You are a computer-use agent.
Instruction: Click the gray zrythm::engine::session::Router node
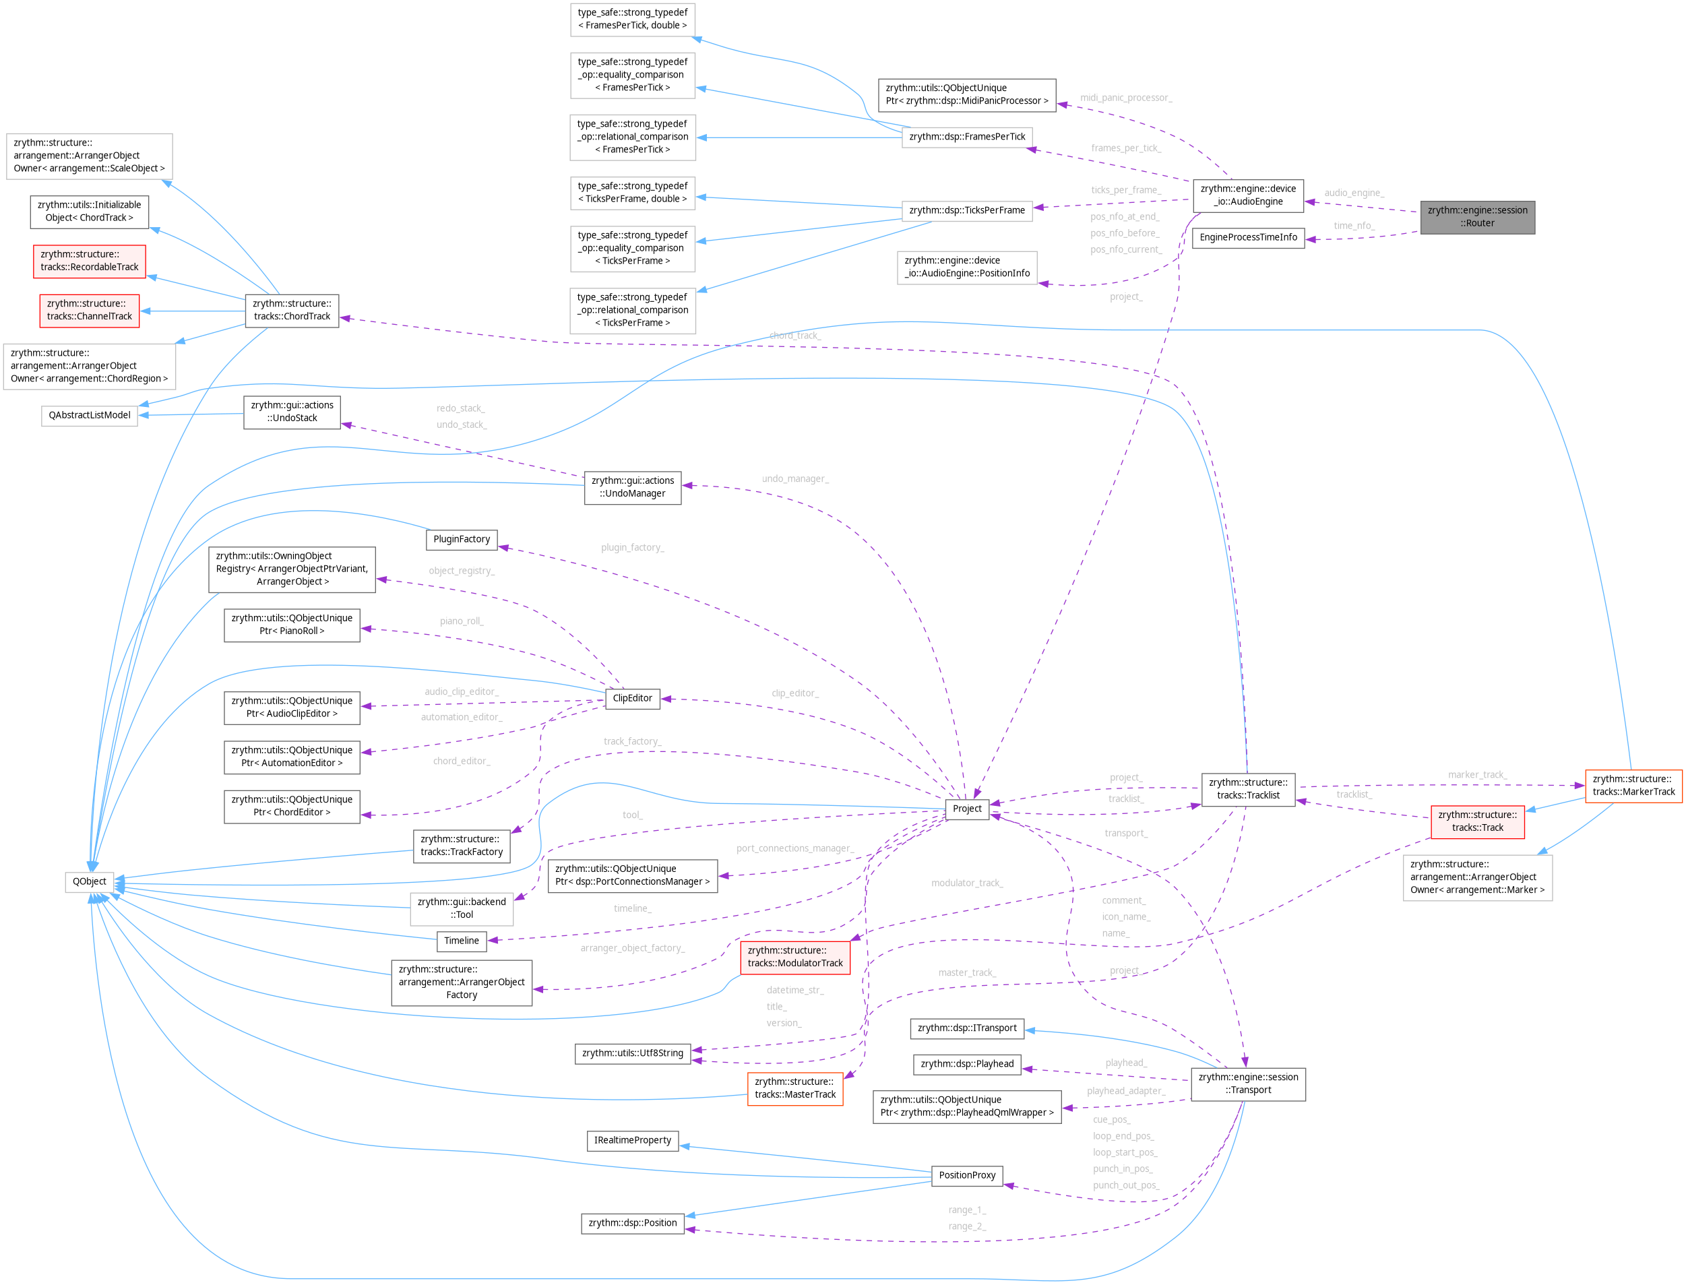[1476, 216]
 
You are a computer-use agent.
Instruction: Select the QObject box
[90, 881]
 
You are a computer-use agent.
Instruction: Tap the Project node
[967, 809]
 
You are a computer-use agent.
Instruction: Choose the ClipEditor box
[632, 697]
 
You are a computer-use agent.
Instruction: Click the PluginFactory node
[462, 539]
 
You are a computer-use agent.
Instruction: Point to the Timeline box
[462, 941]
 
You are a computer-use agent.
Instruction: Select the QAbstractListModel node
[90, 415]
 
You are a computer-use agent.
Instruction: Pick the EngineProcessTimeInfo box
[1248, 237]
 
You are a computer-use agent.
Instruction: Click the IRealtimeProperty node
[632, 1140]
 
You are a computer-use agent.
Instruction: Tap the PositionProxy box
[967, 1175]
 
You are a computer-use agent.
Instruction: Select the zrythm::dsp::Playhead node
[967, 1064]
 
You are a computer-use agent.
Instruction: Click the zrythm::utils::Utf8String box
[632, 1053]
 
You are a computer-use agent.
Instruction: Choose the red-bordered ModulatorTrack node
[794, 957]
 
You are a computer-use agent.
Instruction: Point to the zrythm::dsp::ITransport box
[967, 1028]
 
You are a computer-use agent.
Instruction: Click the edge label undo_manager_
[794, 479]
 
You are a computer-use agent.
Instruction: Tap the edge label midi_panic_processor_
[1125, 98]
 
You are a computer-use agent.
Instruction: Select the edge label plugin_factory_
[632, 548]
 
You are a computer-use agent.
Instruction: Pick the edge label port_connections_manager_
[794, 848]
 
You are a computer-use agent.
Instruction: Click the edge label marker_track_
[1476, 775]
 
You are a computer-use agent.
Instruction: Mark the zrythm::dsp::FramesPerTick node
[967, 137]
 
